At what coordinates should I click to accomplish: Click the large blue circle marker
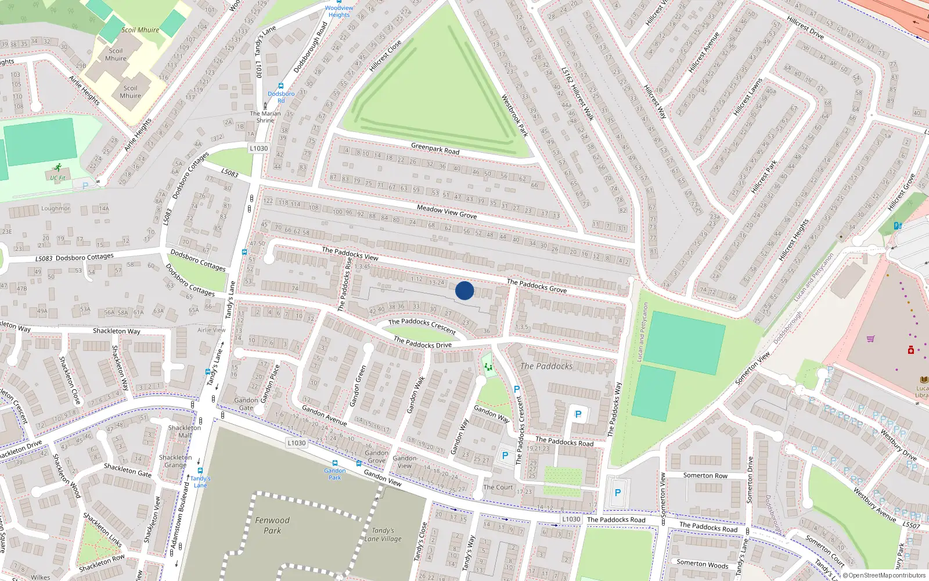click(x=464, y=290)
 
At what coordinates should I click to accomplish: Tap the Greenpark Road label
click(x=435, y=149)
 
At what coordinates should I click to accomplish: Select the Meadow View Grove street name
click(x=447, y=212)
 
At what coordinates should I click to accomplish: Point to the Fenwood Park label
click(x=272, y=525)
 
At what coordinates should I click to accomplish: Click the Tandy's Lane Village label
click(x=383, y=535)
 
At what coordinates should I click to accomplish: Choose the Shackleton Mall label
click(x=185, y=431)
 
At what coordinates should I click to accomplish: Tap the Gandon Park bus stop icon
click(x=334, y=464)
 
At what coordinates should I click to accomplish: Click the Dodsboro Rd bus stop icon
click(x=281, y=86)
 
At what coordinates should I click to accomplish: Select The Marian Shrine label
click(x=265, y=117)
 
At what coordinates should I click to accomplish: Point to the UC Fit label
click(x=57, y=178)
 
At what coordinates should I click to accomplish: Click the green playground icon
click(x=488, y=367)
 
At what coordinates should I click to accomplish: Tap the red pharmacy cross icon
click(x=911, y=350)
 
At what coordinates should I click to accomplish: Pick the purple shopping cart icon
click(x=870, y=339)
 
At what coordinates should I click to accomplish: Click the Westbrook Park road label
click(x=514, y=116)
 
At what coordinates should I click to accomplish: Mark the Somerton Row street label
click(x=705, y=475)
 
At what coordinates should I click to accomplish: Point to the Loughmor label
click(x=55, y=209)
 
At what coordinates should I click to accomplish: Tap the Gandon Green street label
click(x=359, y=386)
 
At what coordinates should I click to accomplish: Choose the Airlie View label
click(x=211, y=330)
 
